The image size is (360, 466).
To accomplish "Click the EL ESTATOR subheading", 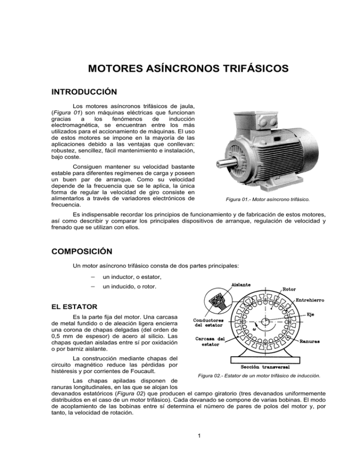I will pyautogui.click(x=77, y=308).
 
